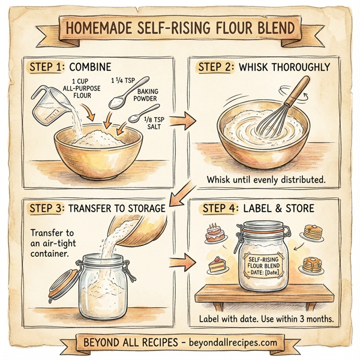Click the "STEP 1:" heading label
click(49, 67)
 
